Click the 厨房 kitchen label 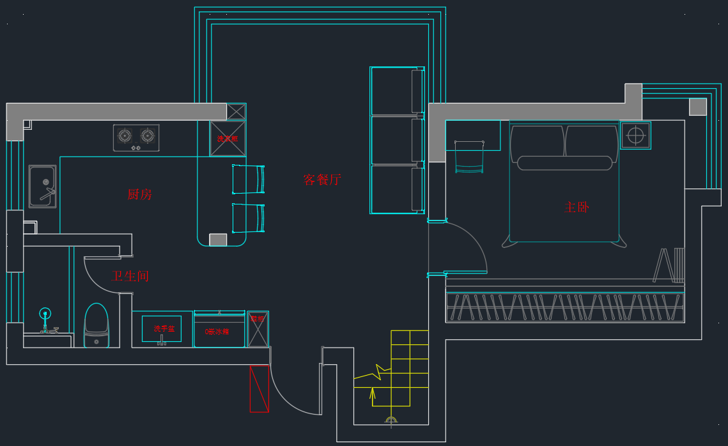point(139,194)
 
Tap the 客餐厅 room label point(322,180)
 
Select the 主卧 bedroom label point(577,207)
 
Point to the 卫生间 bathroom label point(130,276)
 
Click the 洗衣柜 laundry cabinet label point(228,139)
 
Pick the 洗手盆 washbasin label point(164,329)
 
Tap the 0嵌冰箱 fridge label point(217,332)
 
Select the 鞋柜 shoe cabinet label point(257,319)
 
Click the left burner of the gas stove point(125,135)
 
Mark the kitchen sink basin point(42,185)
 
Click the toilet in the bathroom point(97,326)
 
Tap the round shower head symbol point(45,313)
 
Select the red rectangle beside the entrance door point(259,388)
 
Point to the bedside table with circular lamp point(635,135)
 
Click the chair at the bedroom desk point(469,158)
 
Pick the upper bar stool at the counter point(248,180)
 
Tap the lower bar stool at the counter point(248,218)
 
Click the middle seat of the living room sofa point(397,140)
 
